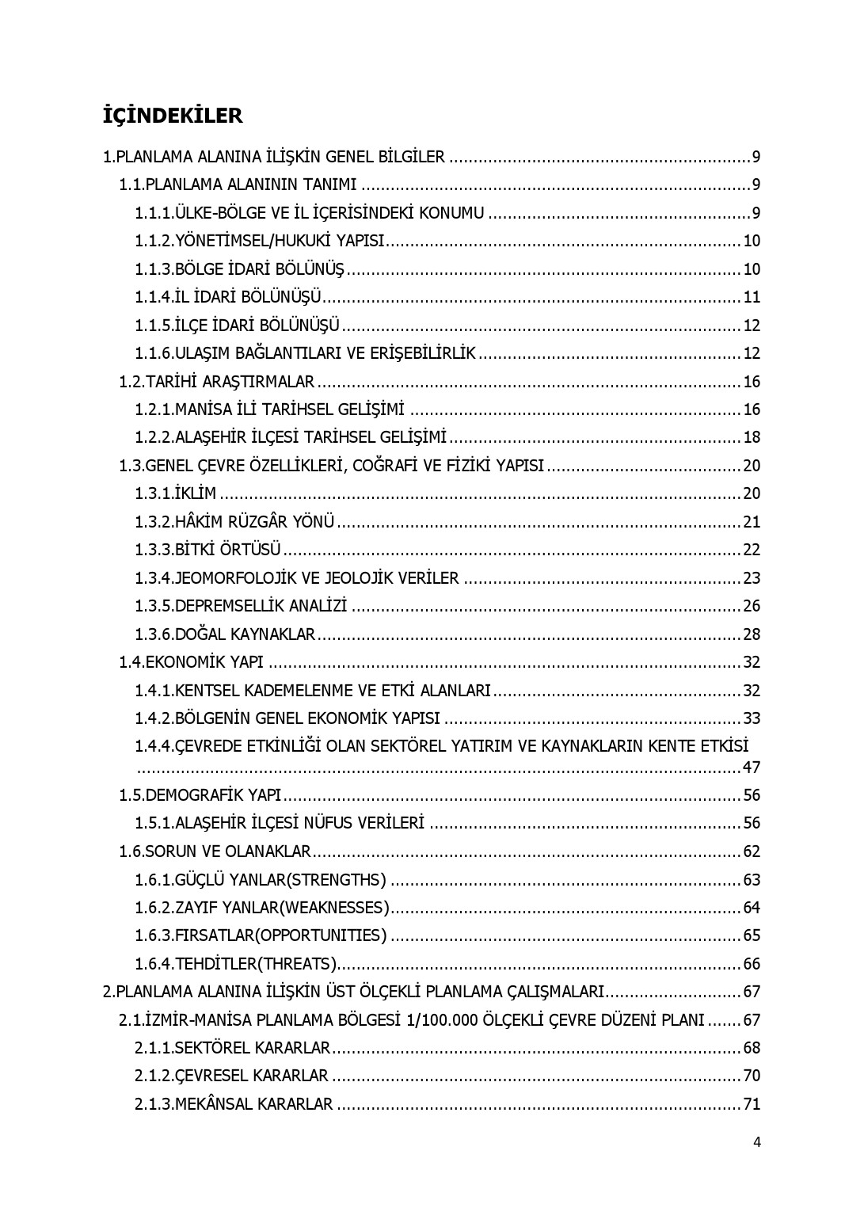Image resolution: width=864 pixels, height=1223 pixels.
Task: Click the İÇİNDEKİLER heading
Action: tap(173, 116)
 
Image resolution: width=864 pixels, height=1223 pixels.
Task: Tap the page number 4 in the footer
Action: tap(757, 1141)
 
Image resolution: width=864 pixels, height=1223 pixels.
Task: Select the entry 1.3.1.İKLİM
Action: tap(175, 493)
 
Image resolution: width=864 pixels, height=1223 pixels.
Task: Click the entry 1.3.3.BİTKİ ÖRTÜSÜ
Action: tap(207, 550)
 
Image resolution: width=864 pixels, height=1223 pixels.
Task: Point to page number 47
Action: tap(751, 767)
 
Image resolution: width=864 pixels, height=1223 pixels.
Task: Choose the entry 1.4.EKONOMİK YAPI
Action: tap(191, 662)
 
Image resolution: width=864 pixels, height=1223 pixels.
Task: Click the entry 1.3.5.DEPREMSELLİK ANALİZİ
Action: tap(241, 606)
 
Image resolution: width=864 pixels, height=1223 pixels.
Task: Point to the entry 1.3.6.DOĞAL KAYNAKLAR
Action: tap(225, 634)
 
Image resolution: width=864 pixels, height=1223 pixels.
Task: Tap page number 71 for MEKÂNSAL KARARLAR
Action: tap(751, 1104)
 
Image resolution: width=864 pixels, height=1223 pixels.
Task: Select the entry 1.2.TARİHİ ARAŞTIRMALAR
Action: tap(217, 382)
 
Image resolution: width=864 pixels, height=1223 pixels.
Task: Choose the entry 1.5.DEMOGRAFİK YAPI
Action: tap(200, 795)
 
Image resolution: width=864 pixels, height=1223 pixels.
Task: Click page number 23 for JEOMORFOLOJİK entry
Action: tap(751, 578)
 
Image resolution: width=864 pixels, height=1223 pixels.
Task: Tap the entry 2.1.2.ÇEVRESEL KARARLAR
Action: tap(231, 1076)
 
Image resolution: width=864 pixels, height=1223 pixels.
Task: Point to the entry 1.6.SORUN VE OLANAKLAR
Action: tap(215, 852)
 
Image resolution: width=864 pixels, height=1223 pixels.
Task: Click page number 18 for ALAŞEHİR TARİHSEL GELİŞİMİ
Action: tap(751, 437)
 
